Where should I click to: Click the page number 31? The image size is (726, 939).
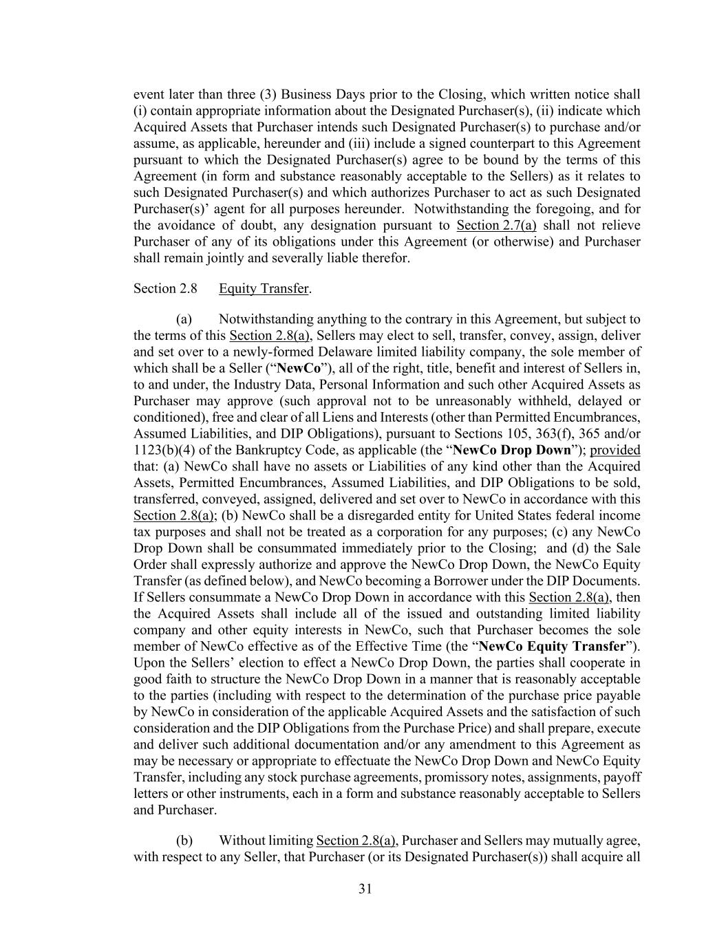[365, 889]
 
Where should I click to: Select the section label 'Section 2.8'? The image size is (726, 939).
[165, 288]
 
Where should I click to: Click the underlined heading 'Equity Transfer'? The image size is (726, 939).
[264, 288]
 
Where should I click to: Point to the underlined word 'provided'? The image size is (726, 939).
[615, 450]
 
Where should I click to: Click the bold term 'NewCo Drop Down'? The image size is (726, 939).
[512, 450]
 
